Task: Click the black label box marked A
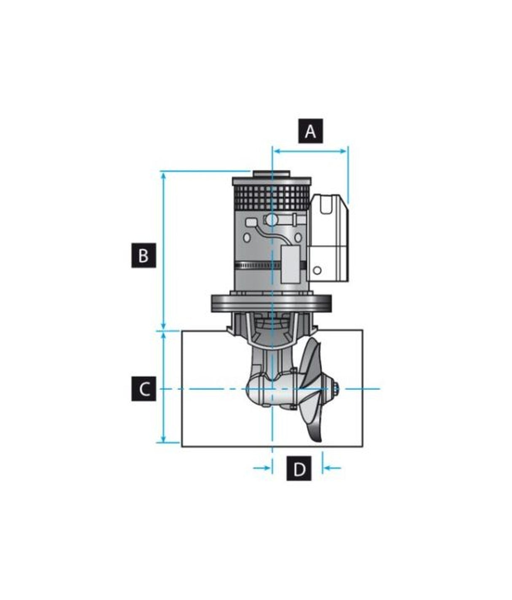pyautogui.click(x=310, y=131)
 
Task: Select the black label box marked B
pyautogui.click(x=143, y=255)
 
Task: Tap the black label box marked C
pyautogui.click(x=143, y=389)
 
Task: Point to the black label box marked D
pyautogui.click(x=299, y=468)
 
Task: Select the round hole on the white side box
pyautogui.click(x=318, y=270)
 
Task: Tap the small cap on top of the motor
pyautogui.click(x=271, y=174)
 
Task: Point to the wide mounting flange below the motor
pyautogui.click(x=271, y=303)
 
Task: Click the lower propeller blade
pyautogui.click(x=315, y=424)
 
